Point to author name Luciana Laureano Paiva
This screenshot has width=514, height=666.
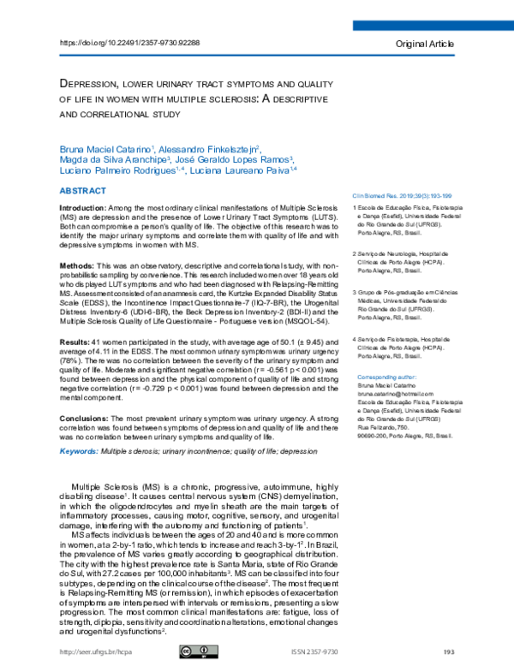tap(249, 170)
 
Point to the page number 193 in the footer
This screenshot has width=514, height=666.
tap(448, 652)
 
